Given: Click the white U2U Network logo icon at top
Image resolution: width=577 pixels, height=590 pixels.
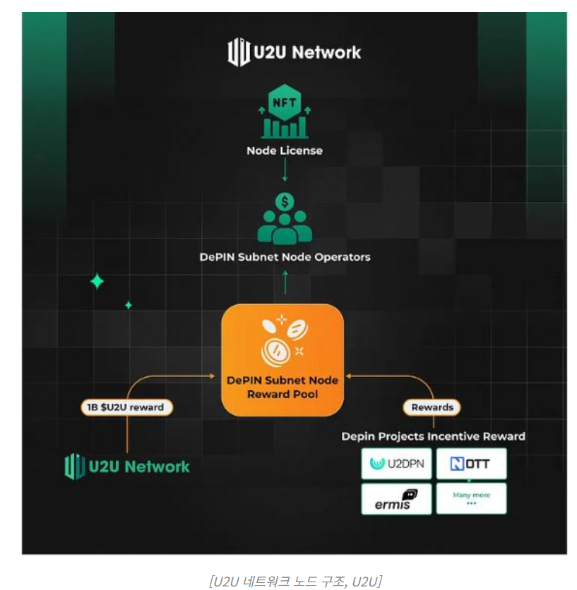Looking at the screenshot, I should [x=239, y=52].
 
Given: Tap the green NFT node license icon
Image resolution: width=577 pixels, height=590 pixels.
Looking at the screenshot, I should [x=284, y=113].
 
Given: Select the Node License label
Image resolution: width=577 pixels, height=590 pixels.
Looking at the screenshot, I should [x=284, y=150].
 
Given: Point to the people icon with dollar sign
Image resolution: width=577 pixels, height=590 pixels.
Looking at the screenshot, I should [x=285, y=218].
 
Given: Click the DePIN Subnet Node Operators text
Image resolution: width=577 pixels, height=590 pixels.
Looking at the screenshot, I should [x=285, y=257].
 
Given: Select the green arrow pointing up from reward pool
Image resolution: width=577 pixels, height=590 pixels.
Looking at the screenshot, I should [x=285, y=283].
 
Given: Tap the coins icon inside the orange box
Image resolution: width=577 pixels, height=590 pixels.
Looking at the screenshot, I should [x=282, y=338].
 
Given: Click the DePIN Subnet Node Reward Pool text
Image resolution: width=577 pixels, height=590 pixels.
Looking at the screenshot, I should [x=282, y=387].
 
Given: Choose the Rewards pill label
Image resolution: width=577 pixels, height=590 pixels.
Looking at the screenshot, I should [x=432, y=407].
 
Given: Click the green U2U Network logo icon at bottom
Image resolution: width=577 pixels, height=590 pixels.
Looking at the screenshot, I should [x=75, y=466].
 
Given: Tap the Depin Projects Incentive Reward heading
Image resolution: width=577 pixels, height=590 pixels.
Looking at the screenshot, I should [x=433, y=436].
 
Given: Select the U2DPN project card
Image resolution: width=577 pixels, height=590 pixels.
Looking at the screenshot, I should [x=396, y=464].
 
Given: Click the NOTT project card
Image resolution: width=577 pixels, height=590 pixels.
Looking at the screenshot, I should [x=471, y=464].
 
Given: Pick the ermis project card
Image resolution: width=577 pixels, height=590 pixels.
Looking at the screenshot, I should [x=396, y=499].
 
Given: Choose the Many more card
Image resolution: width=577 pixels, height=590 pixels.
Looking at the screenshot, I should [x=471, y=499].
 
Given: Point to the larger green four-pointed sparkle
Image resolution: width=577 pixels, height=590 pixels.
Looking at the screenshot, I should [x=97, y=282].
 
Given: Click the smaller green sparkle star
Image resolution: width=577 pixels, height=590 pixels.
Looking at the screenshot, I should [x=129, y=306].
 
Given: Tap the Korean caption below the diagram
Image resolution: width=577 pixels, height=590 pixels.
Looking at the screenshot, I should [x=295, y=581].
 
